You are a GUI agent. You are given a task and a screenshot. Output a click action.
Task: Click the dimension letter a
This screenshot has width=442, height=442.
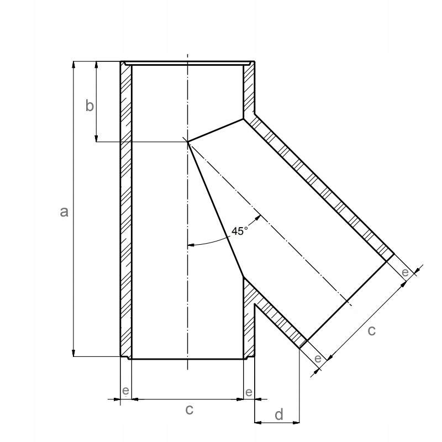(64, 212)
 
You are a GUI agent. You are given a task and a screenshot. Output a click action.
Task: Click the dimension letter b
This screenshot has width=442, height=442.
(90, 106)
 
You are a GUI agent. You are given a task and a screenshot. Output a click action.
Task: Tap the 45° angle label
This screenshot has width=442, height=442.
(240, 231)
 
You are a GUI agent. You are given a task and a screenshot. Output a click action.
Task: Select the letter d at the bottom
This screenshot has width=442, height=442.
(279, 415)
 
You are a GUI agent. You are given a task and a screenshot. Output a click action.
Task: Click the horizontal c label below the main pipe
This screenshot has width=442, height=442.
(190, 409)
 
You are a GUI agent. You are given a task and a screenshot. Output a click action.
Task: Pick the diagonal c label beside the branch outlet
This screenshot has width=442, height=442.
(372, 330)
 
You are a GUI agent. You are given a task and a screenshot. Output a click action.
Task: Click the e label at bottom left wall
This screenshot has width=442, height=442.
(126, 391)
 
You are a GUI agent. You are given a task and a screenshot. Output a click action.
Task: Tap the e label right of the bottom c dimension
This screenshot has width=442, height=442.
(249, 392)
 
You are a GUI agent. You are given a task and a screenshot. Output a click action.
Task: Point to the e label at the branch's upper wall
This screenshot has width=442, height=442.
(405, 272)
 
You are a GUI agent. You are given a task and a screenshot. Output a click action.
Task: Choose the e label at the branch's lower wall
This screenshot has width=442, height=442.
(318, 359)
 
